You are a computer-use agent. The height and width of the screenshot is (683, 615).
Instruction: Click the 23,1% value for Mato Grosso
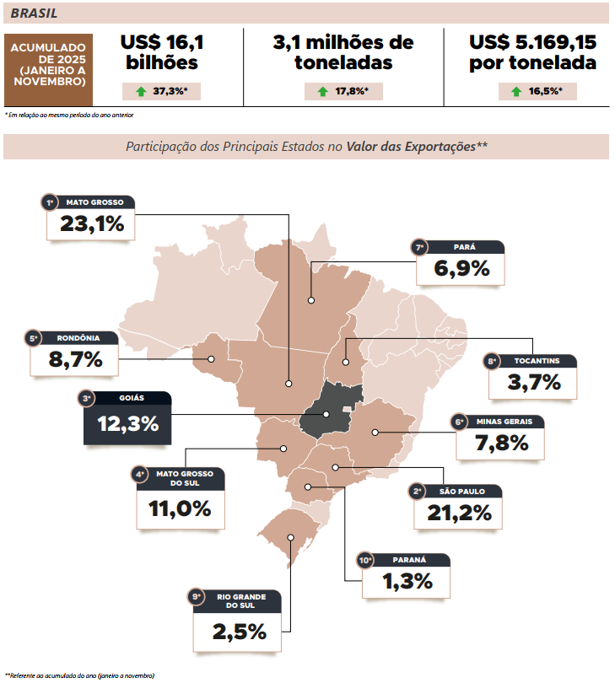[92, 224]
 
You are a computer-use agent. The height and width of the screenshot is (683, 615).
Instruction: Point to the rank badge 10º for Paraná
[365, 560]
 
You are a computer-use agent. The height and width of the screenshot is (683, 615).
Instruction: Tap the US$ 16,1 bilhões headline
[162, 51]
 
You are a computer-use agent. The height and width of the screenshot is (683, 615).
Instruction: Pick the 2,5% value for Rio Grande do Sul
[240, 631]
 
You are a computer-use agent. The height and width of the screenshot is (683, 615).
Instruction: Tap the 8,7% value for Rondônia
[75, 359]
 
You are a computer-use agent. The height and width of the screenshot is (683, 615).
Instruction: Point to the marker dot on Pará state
[311, 299]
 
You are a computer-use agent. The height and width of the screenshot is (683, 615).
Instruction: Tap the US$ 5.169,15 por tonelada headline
[532, 51]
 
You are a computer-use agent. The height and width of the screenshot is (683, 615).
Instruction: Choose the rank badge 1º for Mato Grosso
[50, 202]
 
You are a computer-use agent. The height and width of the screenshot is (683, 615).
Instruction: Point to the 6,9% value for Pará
[461, 269]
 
